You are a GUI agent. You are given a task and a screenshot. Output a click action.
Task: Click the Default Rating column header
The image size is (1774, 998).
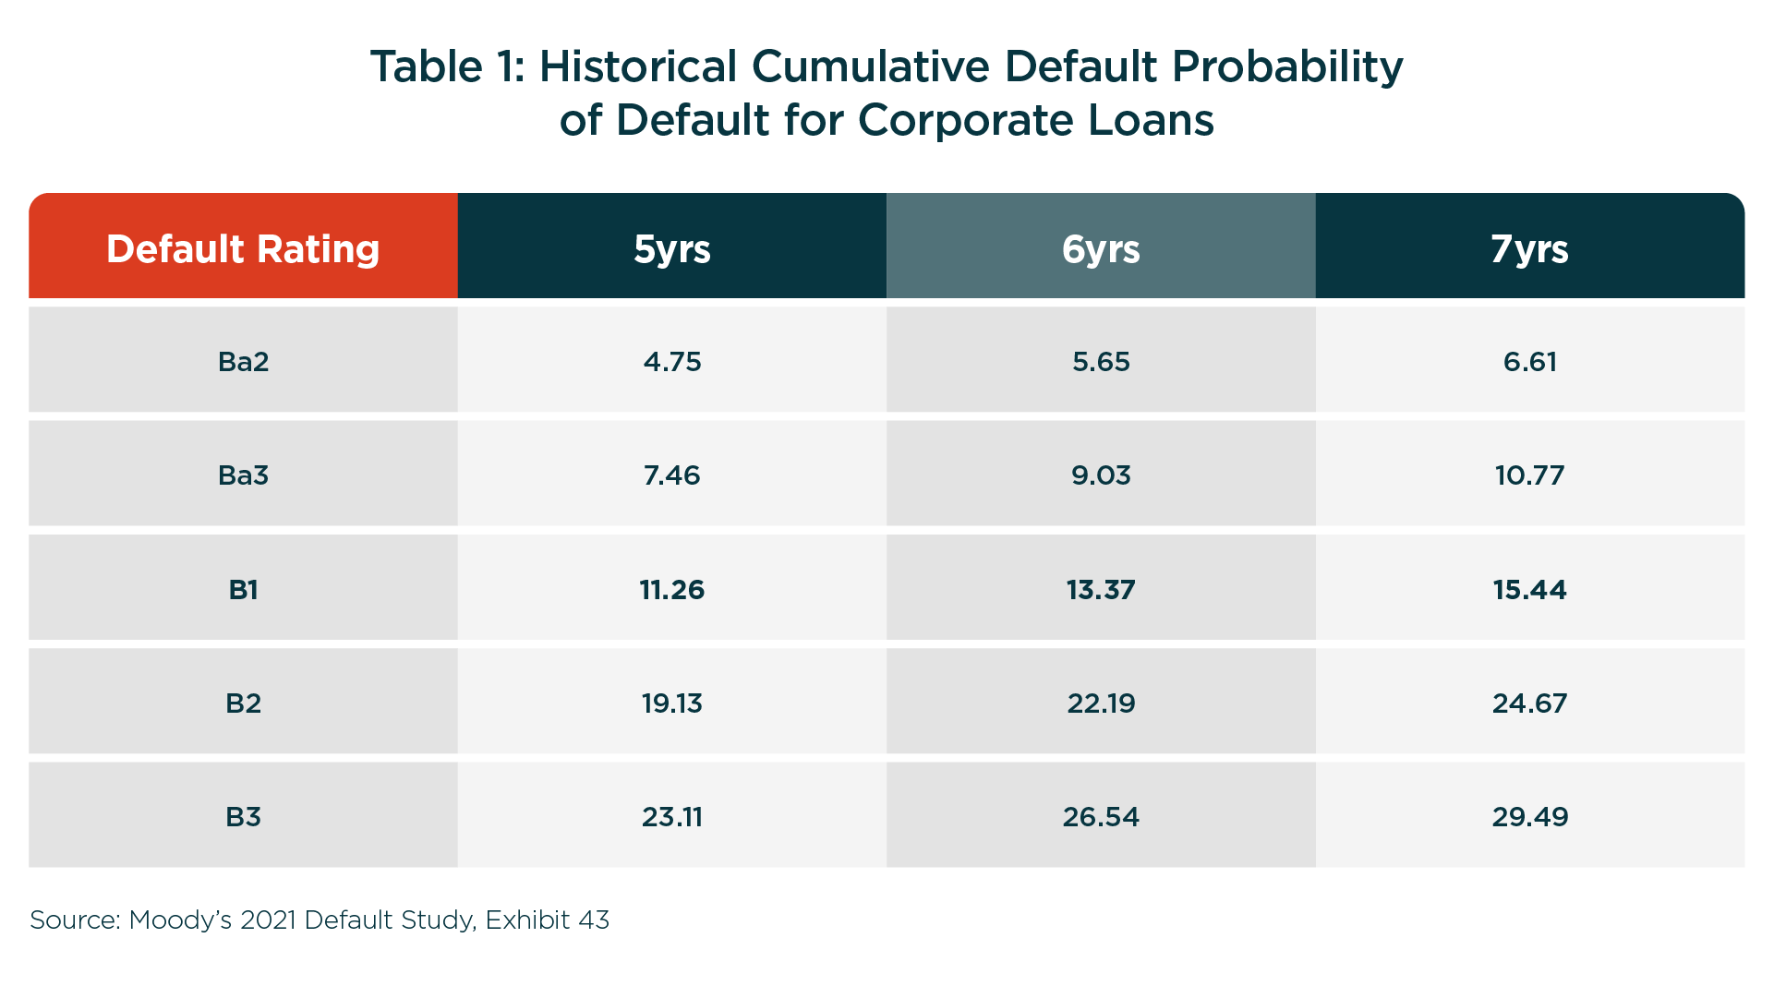(243, 249)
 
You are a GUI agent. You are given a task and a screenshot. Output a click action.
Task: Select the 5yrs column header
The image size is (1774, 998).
(672, 249)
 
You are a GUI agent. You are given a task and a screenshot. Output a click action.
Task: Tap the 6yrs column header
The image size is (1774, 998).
(1101, 249)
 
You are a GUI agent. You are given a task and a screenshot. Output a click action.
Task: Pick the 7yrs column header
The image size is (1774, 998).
(1529, 249)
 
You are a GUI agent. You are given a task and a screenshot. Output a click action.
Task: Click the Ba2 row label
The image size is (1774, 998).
(244, 361)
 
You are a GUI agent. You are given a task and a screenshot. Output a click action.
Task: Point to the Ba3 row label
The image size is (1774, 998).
(244, 475)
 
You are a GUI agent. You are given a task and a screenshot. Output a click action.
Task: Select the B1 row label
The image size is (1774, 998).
(244, 589)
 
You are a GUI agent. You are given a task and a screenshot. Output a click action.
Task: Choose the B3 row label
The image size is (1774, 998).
(244, 817)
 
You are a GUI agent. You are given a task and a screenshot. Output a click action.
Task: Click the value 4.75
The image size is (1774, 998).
(672, 361)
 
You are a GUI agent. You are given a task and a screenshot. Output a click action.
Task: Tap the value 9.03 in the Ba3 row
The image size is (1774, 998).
(1101, 475)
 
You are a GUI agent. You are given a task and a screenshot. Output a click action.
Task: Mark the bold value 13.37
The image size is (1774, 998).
(1101, 589)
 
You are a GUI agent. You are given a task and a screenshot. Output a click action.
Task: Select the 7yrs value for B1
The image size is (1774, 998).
(1529, 589)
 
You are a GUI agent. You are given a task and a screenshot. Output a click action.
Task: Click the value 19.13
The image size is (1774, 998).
(672, 703)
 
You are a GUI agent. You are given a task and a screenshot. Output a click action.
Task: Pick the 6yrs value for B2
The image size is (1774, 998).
(1101, 703)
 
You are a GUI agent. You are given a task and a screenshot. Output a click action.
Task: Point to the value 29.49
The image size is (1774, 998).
(1529, 817)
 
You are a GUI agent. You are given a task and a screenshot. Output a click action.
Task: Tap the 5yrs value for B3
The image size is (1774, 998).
(672, 817)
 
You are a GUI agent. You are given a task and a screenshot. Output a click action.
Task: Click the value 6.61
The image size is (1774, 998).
(1529, 361)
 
